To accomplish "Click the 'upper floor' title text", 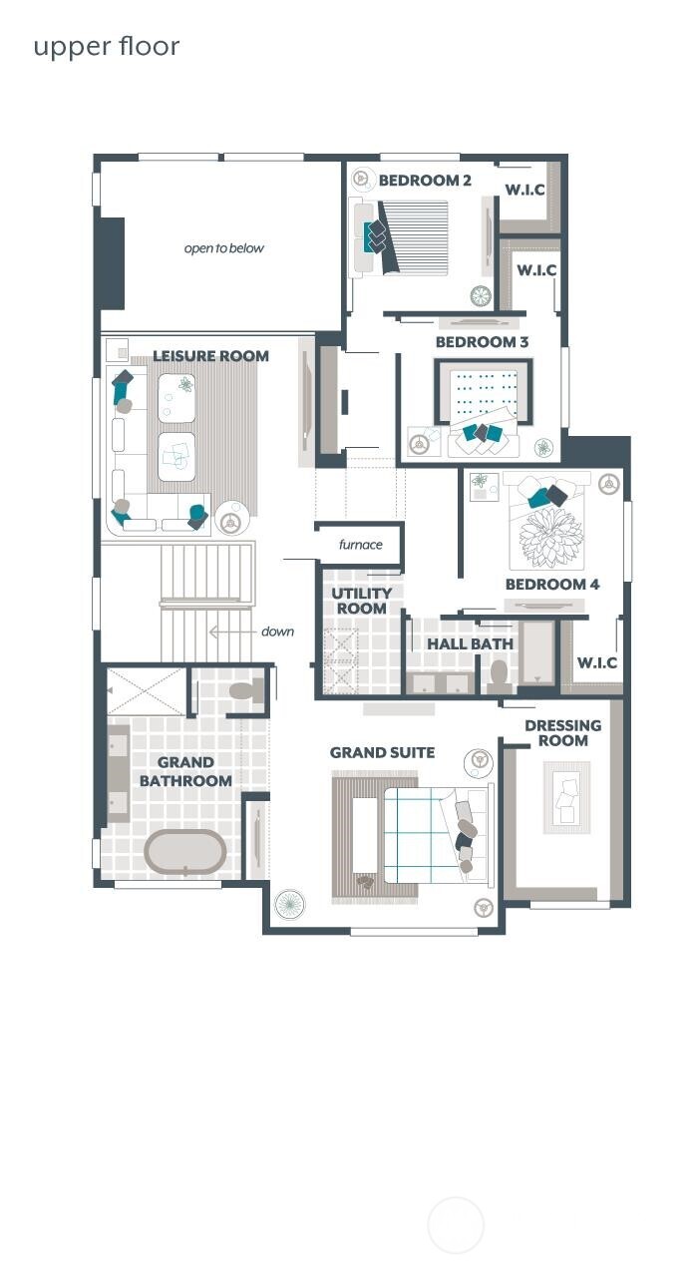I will click(107, 47).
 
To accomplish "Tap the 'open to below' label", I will click(224, 248).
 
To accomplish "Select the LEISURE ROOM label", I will click(210, 356).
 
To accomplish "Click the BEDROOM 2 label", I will click(425, 181).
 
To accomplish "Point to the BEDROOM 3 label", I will click(482, 342).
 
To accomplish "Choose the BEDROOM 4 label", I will click(551, 585).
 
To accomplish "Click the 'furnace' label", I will click(360, 545).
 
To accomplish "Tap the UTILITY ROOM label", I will click(361, 601).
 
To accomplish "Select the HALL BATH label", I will click(470, 644).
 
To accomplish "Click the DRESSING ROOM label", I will click(562, 733).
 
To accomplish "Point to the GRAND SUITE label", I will click(382, 752).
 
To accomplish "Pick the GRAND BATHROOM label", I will click(185, 772).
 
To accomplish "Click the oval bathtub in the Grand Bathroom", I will click(185, 852).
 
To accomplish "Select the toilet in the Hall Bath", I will click(499, 676).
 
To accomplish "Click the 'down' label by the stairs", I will click(277, 632).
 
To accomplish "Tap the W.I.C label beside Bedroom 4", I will click(596, 663).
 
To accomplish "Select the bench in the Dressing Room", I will click(565, 797).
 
